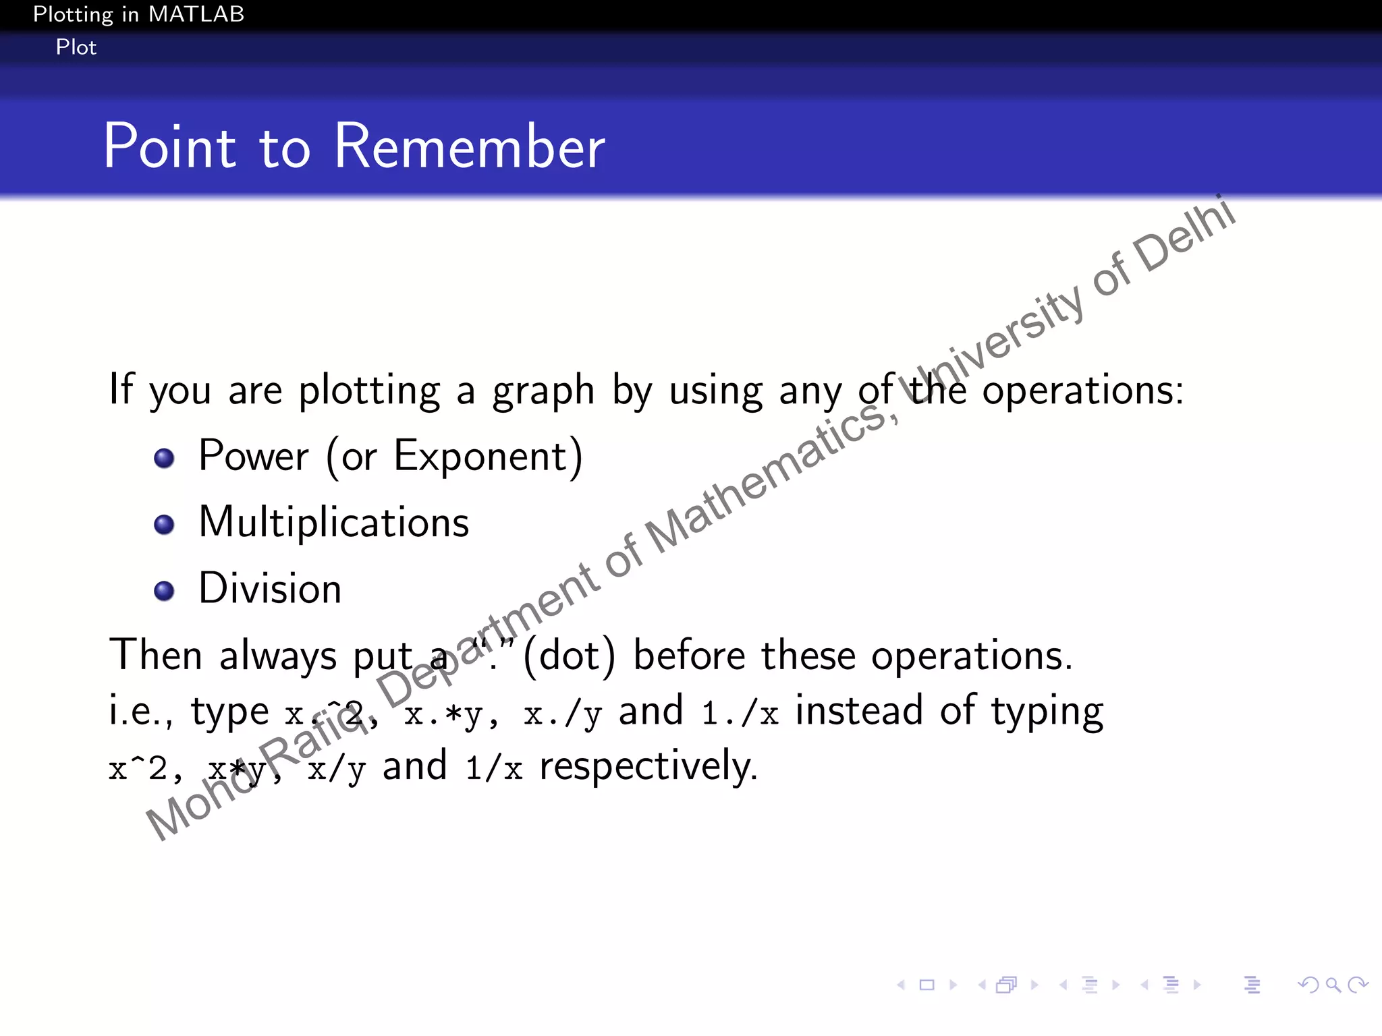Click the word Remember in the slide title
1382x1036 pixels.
pos(470,147)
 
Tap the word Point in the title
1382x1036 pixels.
pos(169,147)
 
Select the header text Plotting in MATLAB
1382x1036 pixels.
pos(138,14)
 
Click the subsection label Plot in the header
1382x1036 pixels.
pos(76,47)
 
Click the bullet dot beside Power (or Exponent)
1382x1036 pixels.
pos(164,459)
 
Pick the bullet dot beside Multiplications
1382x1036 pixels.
pos(164,524)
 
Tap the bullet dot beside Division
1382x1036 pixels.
pos(164,591)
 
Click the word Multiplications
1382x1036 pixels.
pos(334,523)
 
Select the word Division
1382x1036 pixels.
pos(270,589)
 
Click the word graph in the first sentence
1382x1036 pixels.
pos(543,391)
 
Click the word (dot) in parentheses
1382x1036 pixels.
pos(570,656)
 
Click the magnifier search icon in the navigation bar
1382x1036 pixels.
pos(1333,985)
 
